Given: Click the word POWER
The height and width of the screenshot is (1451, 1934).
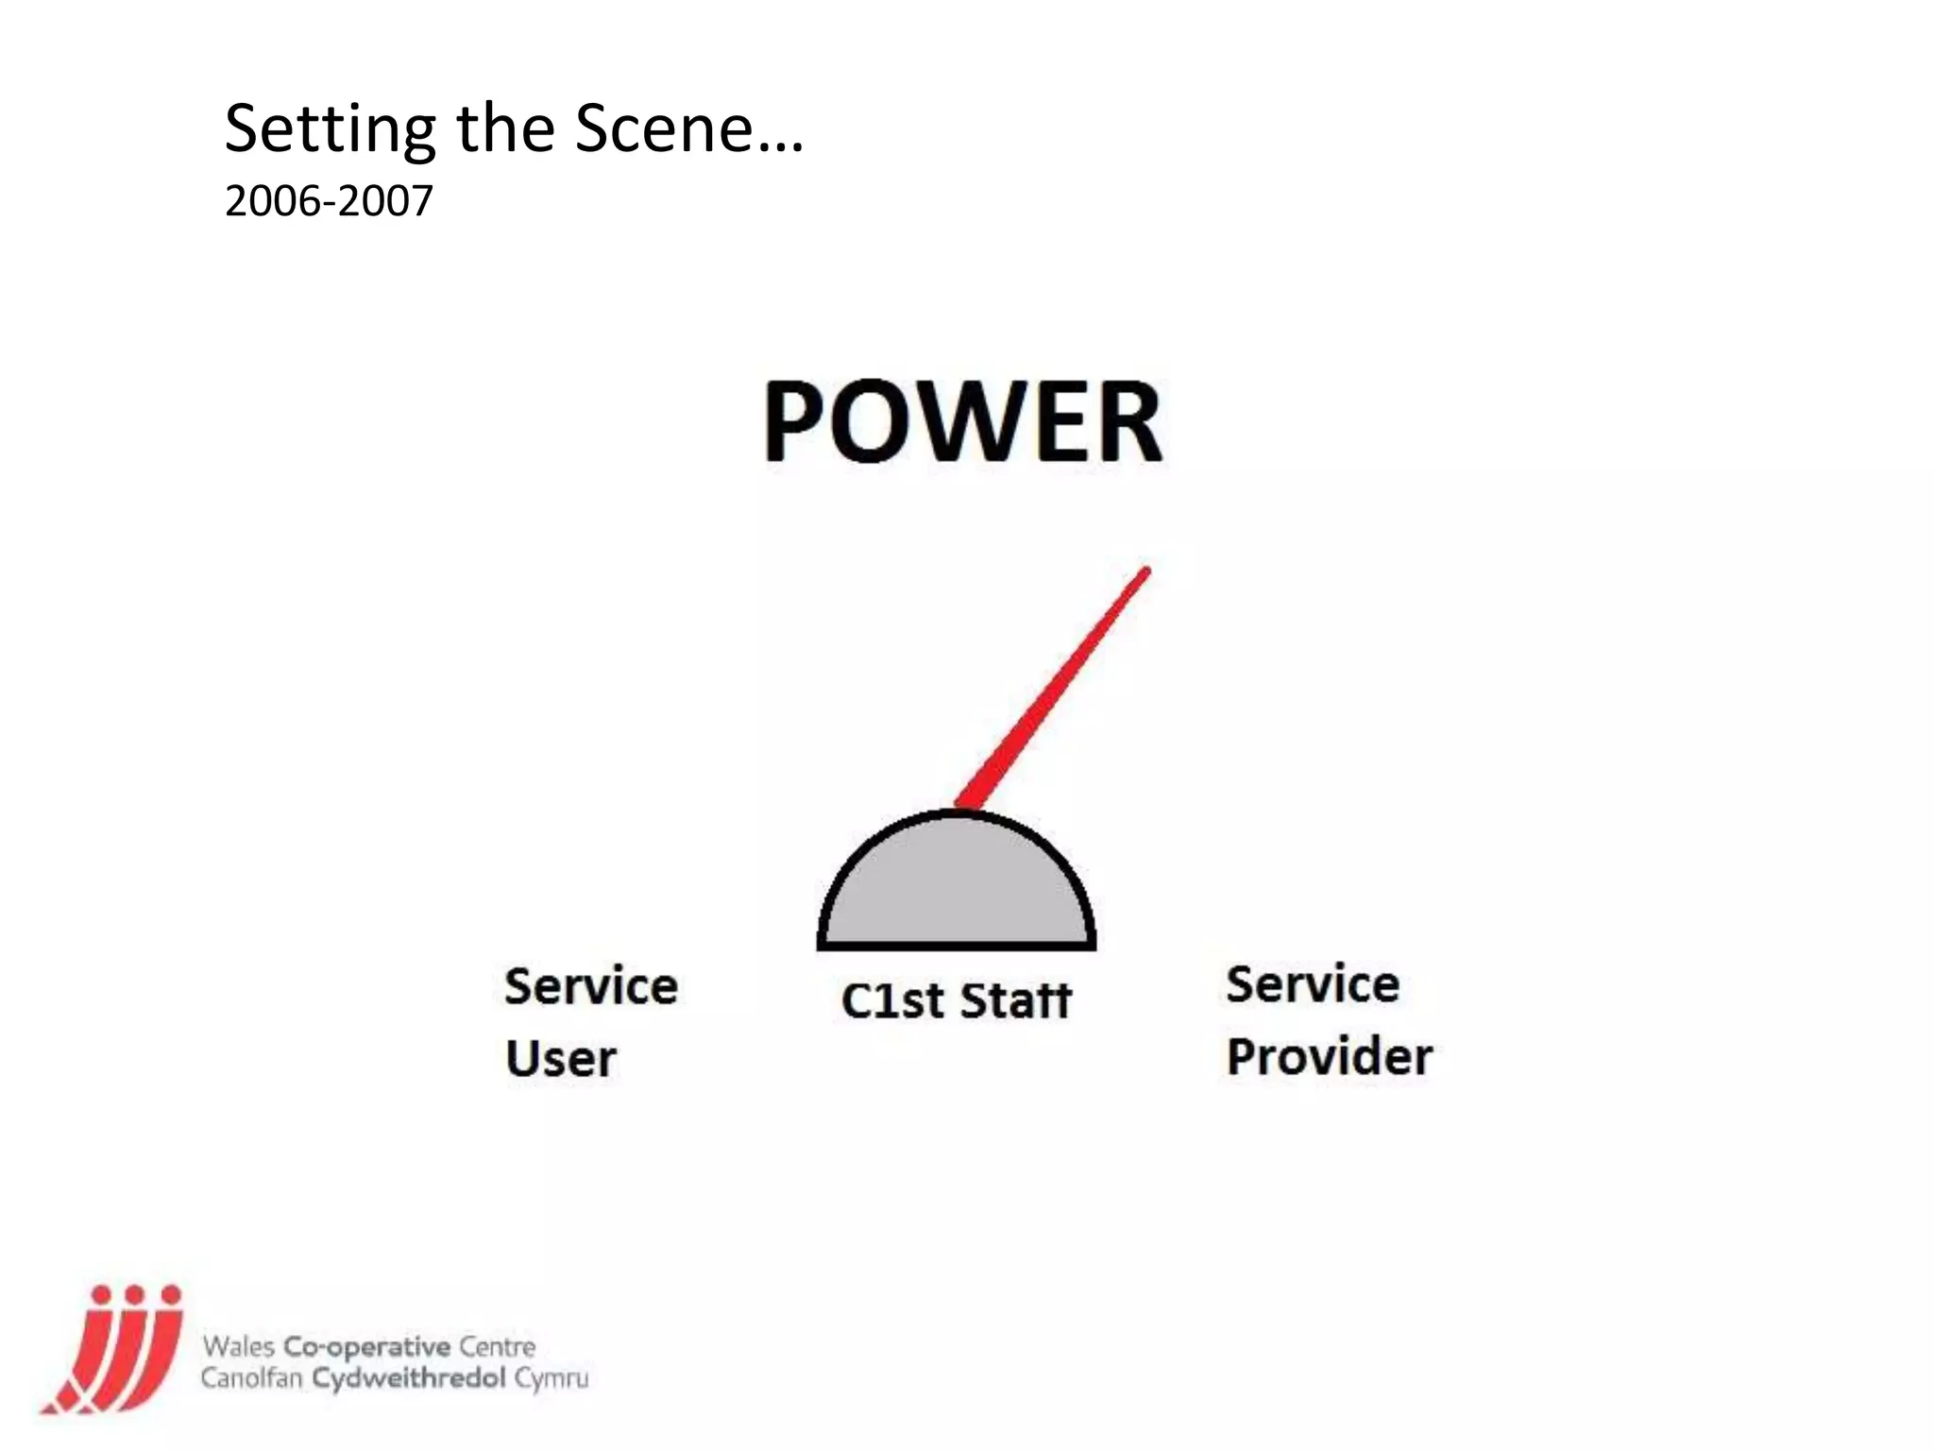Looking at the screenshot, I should pyautogui.click(x=962, y=421).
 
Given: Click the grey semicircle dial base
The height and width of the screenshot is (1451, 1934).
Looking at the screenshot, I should pyautogui.click(x=957, y=888).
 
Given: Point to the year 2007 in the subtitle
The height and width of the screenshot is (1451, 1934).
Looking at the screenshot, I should pyautogui.click(x=385, y=201).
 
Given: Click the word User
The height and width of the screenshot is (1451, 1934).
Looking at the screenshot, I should pyautogui.click(x=561, y=1058).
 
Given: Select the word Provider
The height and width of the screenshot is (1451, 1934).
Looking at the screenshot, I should pyautogui.click(x=1330, y=1056).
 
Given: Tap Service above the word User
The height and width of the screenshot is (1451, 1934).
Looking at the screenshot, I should pyautogui.click(x=591, y=986).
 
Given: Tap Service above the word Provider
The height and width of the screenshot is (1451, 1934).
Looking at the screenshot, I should pyautogui.click(x=1313, y=984).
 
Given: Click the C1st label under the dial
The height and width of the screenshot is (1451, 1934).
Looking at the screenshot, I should pyautogui.click(x=891, y=1000).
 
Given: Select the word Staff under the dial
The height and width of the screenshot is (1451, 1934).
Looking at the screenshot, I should pyautogui.click(x=1016, y=1000).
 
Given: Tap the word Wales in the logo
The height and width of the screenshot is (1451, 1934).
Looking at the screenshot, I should pyautogui.click(x=238, y=1346).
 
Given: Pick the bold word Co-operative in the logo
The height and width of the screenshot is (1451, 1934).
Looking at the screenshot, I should pyautogui.click(x=367, y=1346).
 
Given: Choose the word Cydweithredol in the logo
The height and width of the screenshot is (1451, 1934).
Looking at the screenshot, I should pyautogui.click(x=409, y=1378).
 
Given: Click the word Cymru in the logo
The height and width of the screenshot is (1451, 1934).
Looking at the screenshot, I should pyautogui.click(x=551, y=1378).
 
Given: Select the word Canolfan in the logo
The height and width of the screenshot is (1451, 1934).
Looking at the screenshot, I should pyautogui.click(x=251, y=1378).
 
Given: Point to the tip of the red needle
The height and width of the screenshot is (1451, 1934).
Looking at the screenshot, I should pyautogui.click(x=1146, y=572).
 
